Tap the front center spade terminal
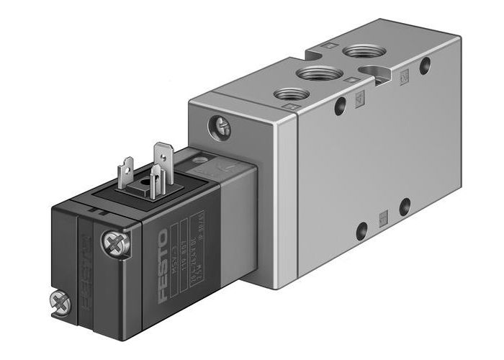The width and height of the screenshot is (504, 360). point(155,179)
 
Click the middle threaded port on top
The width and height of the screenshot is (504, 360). point(315,73)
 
